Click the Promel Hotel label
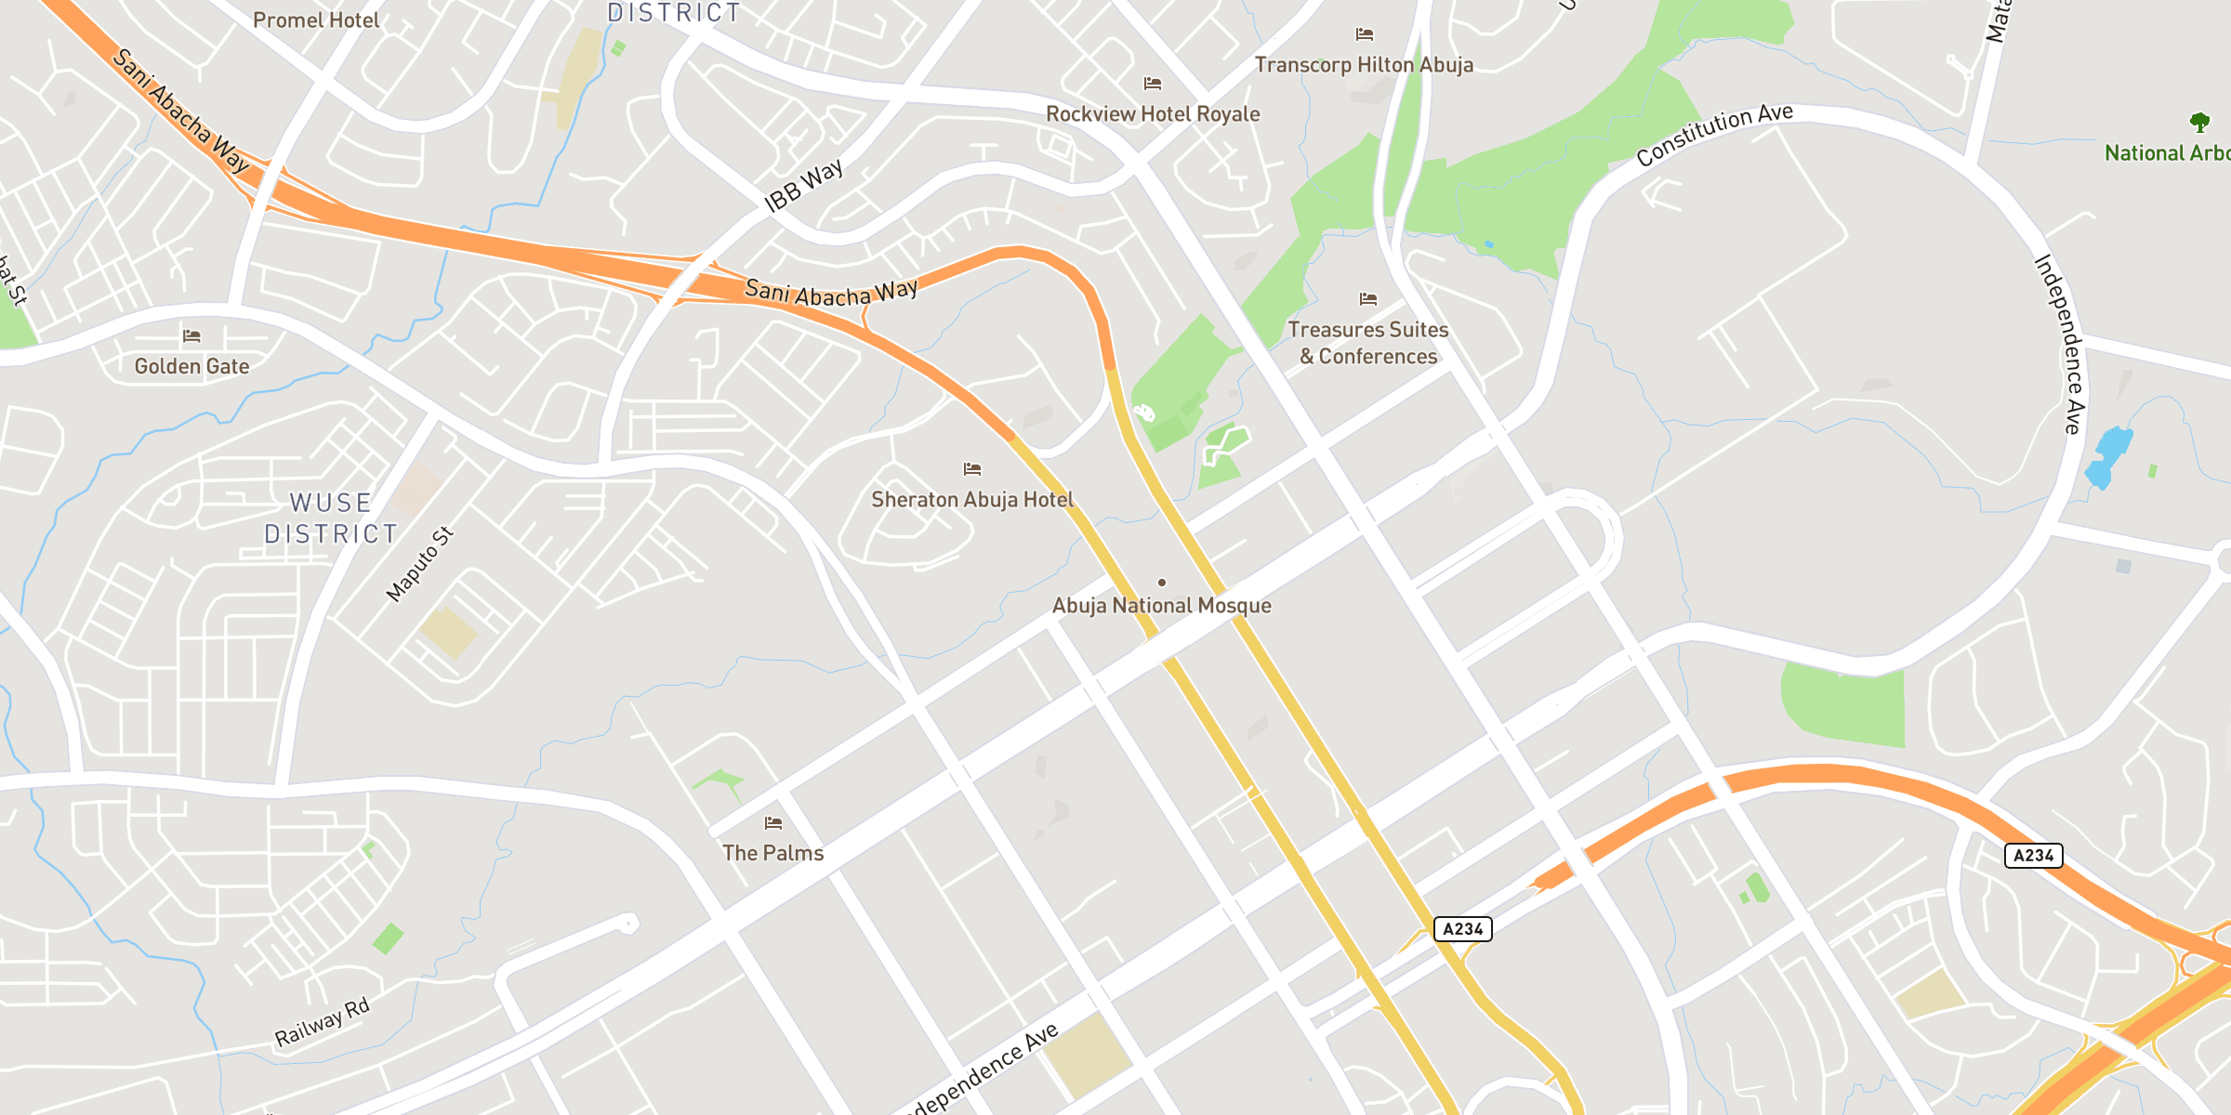point(316,20)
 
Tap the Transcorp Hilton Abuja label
point(1364,65)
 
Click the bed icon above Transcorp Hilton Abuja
point(1365,35)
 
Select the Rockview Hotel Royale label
point(1153,114)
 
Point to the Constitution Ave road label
point(1714,136)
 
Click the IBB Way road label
point(803,186)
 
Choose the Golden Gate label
point(191,367)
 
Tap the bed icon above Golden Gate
point(191,336)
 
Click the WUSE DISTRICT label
point(331,518)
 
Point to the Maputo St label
point(419,564)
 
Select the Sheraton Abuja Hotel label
point(972,500)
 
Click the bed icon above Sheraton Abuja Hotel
point(972,469)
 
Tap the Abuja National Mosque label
point(1161,606)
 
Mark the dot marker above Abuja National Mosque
point(1162,583)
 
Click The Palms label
point(772,853)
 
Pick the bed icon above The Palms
point(773,823)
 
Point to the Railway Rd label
point(322,1022)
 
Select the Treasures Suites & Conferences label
point(1368,343)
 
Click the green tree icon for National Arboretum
point(2199,122)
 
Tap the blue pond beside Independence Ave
point(2108,457)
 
